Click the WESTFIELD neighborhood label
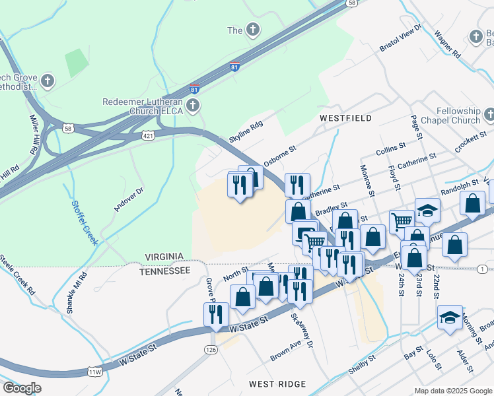click(x=345, y=118)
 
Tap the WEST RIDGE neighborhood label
click(x=277, y=384)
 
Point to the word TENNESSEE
click(x=165, y=271)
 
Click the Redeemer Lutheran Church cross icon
click(x=192, y=106)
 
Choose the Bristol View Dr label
click(x=400, y=40)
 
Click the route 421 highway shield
click(x=147, y=135)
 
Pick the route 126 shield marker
click(x=211, y=348)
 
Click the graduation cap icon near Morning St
click(x=450, y=317)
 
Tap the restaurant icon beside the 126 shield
click(x=216, y=315)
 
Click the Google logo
click(x=22, y=388)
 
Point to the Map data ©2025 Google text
click(x=454, y=391)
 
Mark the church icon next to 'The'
click(x=253, y=30)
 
